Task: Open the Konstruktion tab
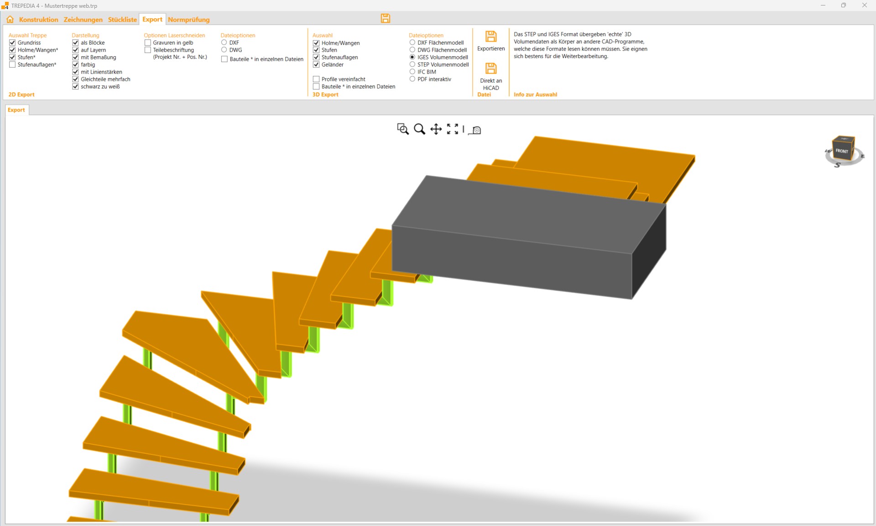(x=38, y=20)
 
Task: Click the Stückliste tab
(x=122, y=20)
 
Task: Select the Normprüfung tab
(x=189, y=20)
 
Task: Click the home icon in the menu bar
(x=10, y=19)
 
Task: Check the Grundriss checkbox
(x=12, y=42)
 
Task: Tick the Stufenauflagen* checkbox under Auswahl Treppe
(x=12, y=64)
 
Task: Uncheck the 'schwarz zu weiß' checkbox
(x=75, y=86)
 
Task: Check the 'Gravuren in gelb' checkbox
(x=147, y=42)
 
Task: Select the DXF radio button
(x=224, y=42)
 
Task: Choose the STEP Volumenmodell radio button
(x=412, y=64)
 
